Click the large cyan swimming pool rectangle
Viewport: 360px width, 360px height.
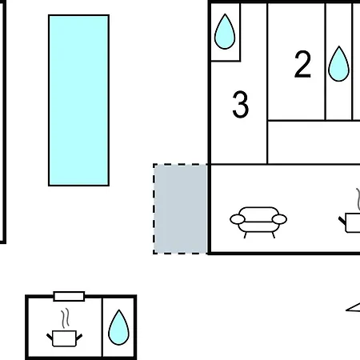(78, 100)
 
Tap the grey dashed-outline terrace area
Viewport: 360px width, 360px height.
(181, 209)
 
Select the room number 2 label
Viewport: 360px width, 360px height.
(302, 64)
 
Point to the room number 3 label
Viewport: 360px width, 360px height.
(241, 104)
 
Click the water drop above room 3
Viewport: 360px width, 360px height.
(225, 32)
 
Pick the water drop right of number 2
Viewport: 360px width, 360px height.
(338, 64)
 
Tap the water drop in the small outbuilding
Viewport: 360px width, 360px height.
(118, 327)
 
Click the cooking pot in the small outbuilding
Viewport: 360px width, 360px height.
(65, 338)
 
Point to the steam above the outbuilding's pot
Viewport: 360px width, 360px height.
(65, 318)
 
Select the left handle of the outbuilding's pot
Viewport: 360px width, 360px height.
(50, 337)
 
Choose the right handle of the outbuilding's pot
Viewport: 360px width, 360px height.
(79, 338)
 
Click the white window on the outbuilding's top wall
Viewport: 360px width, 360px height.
(69, 296)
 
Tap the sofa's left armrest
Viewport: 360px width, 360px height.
(238, 219)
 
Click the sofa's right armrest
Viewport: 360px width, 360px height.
(279, 219)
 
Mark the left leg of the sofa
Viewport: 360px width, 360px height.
(246, 235)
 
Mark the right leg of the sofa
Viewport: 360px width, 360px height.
(273, 235)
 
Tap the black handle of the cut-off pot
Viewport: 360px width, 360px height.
(342, 221)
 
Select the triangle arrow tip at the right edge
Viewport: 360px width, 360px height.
(346, 310)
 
